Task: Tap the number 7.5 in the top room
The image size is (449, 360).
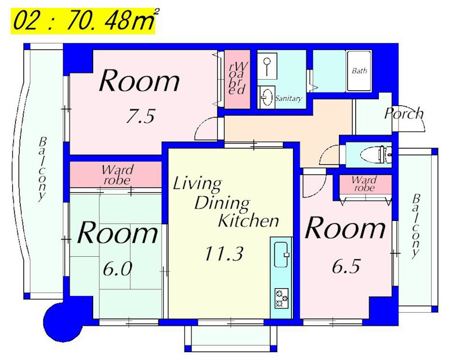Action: coord(141,116)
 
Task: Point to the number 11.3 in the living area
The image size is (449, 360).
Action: coord(224,253)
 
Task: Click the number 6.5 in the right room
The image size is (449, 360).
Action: coord(346,266)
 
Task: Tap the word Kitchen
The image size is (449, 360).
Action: coord(249,220)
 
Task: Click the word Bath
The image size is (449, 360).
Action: coord(359,71)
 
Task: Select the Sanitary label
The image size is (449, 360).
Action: coord(288,98)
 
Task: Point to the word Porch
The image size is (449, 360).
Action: coord(404,113)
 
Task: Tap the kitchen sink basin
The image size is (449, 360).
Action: coord(282,255)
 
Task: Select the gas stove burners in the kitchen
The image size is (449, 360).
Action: coord(282,298)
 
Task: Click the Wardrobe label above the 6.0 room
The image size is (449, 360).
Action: coord(117,175)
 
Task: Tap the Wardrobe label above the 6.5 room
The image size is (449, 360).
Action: coord(364,184)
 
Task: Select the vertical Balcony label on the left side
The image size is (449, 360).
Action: coord(43,170)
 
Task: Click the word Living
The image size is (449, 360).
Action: coord(198,184)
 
